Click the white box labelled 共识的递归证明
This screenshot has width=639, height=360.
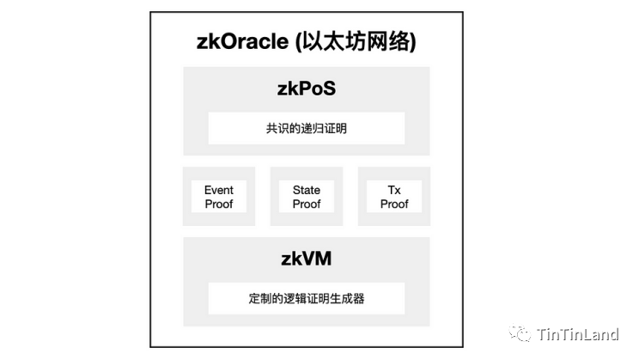click(306, 129)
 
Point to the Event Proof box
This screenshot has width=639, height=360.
click(219, 197)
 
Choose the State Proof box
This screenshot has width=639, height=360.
click(307, 197)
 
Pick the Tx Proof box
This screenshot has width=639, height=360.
click(394, 197)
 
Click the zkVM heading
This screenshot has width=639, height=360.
click(306, 260)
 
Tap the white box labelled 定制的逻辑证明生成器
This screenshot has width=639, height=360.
click(306, 299)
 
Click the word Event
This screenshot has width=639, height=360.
click(219, 190)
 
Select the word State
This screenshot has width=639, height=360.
click(307, 190)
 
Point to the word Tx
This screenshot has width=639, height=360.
click(394, 190)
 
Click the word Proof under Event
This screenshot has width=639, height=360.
click(219, 204)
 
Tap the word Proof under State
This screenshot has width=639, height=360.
click(307, 204)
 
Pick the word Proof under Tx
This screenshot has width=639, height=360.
click(394, 204)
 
